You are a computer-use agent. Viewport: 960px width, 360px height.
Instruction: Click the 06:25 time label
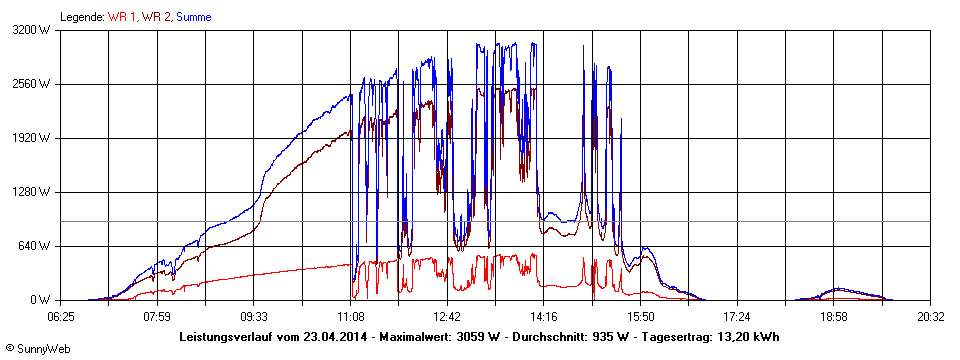tap(61, 317)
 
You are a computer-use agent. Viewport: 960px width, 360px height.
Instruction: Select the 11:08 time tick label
tap(351, 317)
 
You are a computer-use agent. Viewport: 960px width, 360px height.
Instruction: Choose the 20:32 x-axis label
tap(930, 317)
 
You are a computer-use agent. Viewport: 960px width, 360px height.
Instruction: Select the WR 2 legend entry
tap(156, 17)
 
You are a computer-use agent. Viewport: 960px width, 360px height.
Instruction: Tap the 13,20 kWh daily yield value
tap(747, 337)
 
